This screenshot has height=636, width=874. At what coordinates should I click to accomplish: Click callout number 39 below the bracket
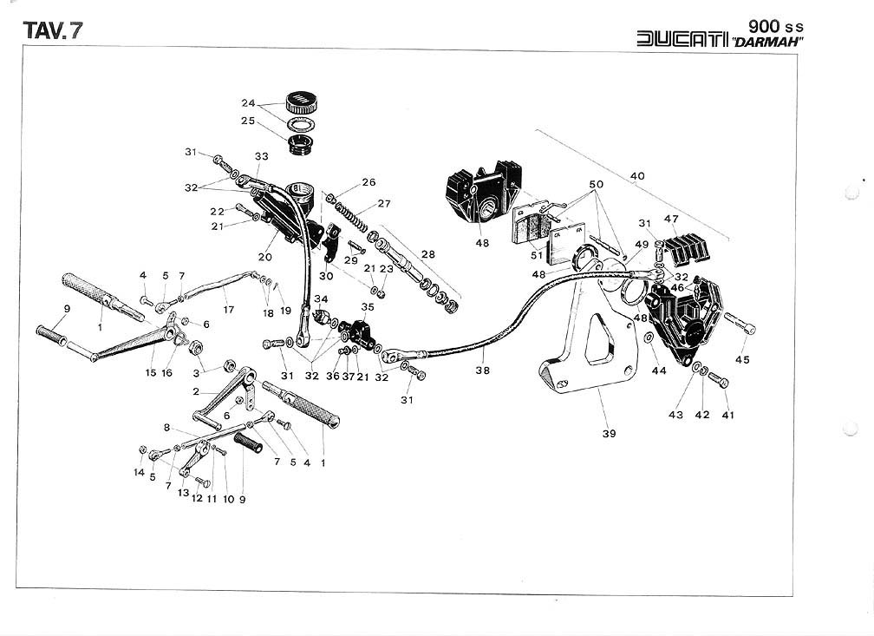[609, 433]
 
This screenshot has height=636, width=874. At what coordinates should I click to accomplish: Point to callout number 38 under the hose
[482, 370]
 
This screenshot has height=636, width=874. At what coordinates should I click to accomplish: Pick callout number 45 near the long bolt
[742, 359]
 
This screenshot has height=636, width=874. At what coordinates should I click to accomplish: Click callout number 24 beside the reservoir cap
[249, 102]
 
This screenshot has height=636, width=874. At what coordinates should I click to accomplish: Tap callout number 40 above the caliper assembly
[637, 176]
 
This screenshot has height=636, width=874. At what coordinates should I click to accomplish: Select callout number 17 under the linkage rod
[228, 309]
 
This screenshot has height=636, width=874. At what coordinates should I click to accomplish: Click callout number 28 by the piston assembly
[427, 254]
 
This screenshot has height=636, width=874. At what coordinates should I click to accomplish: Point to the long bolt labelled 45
[739, 325]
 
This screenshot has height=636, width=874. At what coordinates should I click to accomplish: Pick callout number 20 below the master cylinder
[265, 257]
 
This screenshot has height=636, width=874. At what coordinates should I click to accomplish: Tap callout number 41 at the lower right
[728, 416]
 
